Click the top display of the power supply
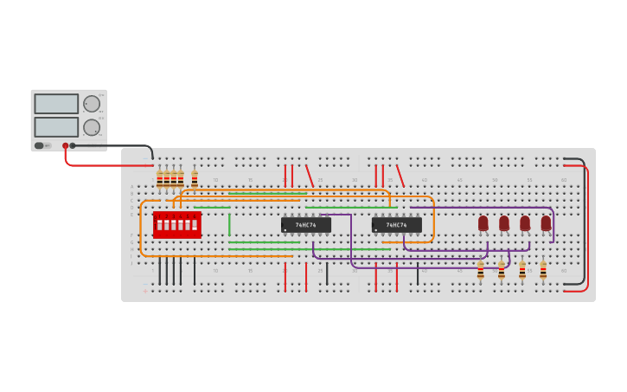[56, 104]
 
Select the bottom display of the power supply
[56, 127]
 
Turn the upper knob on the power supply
[92, 104]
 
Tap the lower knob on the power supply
[92, 127]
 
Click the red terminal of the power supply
[65, 146]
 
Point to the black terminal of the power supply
[73, 146]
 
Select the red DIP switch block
[177, 224]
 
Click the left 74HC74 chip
[306, 225]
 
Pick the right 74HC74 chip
[397, 225]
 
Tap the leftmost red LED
[483, 223]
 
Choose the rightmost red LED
[546, 223]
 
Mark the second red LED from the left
[504, 223]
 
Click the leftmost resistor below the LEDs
[481, 271]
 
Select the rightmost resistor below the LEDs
[543, 271]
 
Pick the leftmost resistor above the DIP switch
[160, 179]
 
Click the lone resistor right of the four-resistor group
[195, 179]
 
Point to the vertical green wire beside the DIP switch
[229, 224]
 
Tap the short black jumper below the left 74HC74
[327, 274]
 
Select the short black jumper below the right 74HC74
[418, 274]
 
